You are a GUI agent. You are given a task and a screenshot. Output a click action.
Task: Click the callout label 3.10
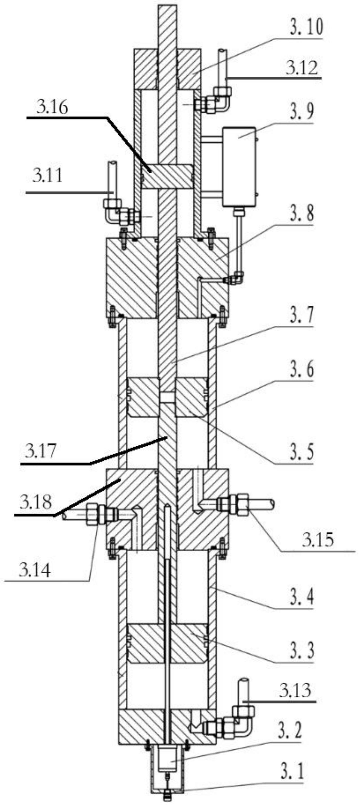click(x=306, y=27)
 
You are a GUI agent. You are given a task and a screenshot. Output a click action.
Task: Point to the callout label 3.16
click(x=52, y=107)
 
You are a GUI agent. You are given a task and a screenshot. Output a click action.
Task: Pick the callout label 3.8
click(x=301, y=214)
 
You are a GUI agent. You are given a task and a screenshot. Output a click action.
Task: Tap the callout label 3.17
click(x=41, y=452)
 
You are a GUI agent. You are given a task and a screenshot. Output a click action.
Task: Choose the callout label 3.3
click(x=301, y=650)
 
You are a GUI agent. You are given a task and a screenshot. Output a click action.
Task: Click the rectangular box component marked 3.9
click(x=238, y=166)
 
